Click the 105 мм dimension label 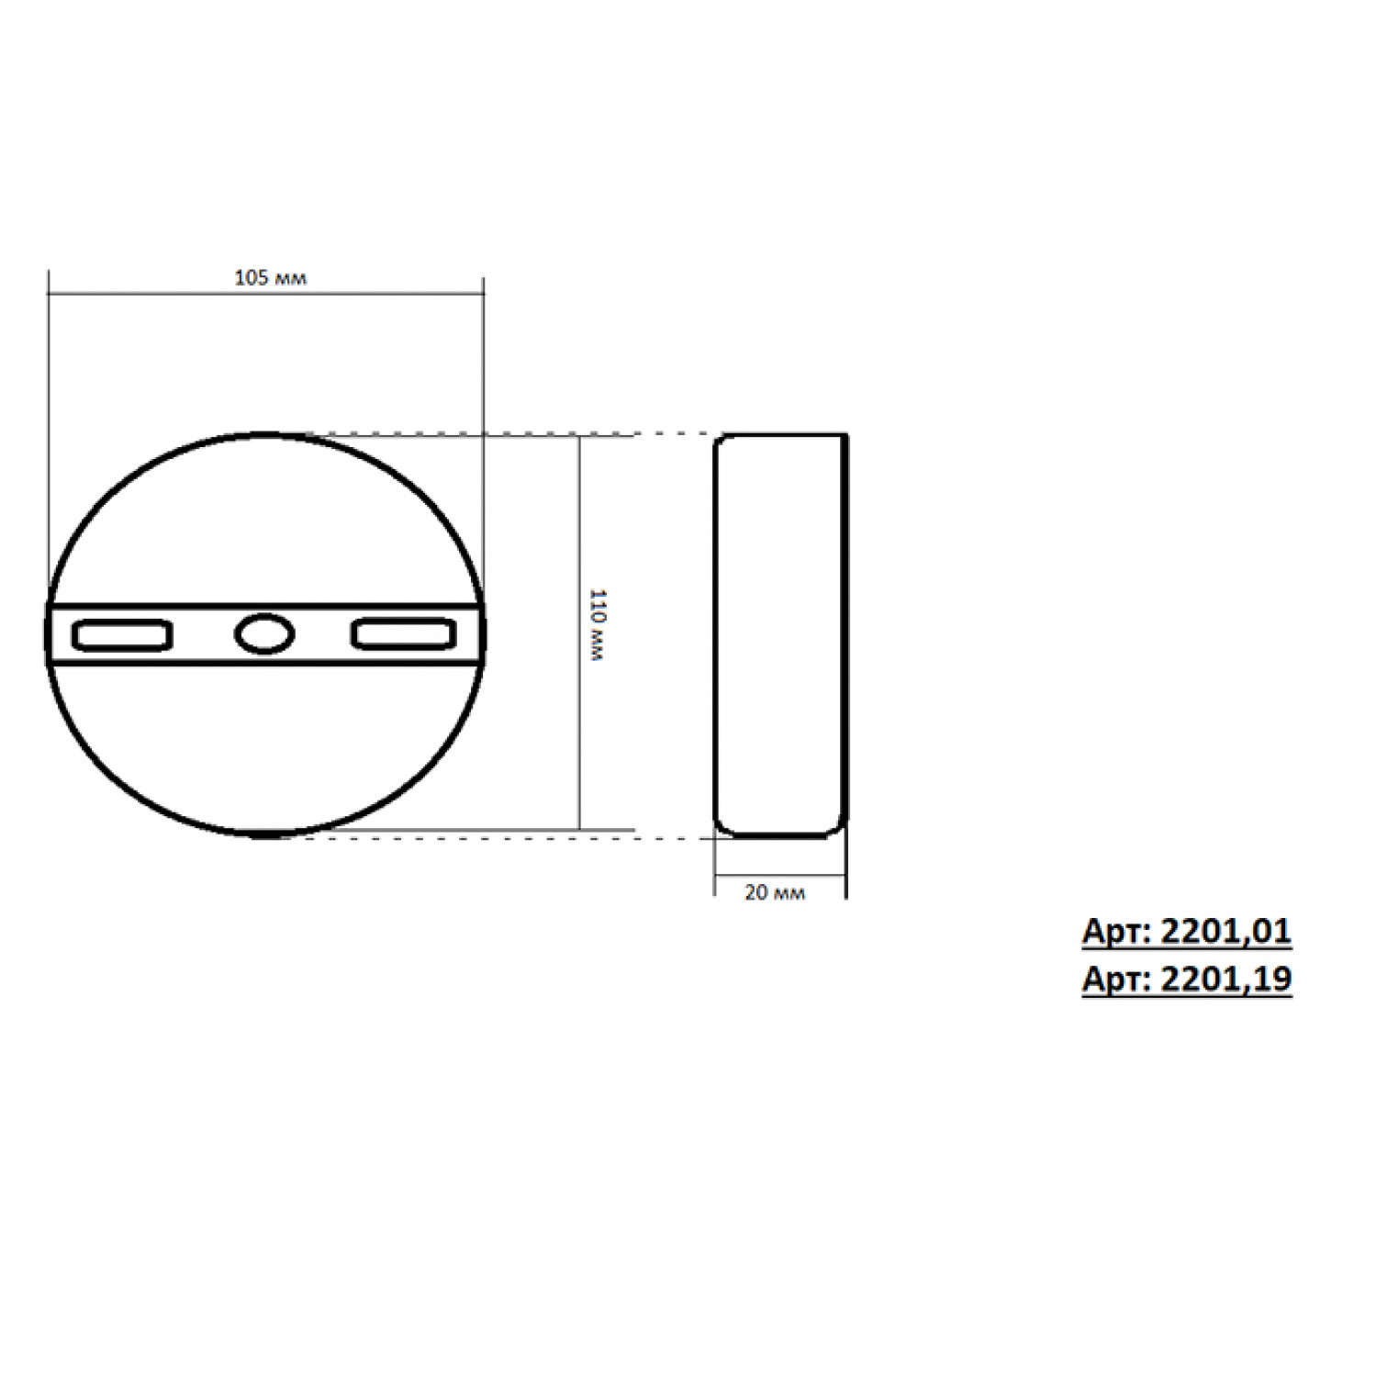tap(270, 277)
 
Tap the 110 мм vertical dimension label tap(596, 627)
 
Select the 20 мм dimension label tap(775, 892)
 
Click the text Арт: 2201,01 tap(1187, 932)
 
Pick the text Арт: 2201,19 tap(1187, 980)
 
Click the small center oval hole tap(264, 634)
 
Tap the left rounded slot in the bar tap(122, 635)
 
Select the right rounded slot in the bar tap(404, 634)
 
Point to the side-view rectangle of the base tap(781, 635)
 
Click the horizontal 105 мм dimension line tap(265, 295)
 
